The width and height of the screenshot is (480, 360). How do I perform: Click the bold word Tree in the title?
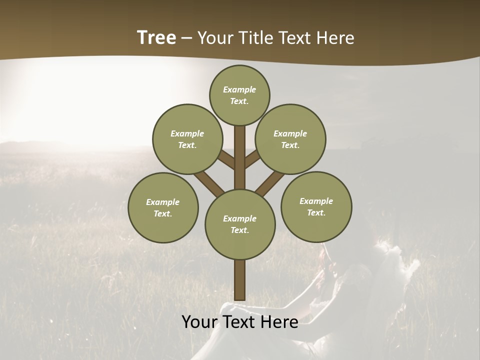point(156,37)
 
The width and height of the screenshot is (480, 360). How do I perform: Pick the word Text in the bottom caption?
point(239,322)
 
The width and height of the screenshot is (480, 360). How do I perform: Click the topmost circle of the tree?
point(239,95)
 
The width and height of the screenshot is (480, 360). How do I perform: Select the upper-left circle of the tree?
point(187,139)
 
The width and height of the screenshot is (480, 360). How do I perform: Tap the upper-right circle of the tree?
point(290,139)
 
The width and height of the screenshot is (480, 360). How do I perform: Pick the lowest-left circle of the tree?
point(163,207)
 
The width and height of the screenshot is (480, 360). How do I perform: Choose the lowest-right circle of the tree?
point(316,206)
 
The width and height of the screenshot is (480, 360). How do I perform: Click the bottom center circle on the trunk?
point(240,224)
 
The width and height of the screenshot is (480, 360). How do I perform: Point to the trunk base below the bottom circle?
point(240,280)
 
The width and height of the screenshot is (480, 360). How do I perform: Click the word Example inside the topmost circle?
point(239,89)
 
